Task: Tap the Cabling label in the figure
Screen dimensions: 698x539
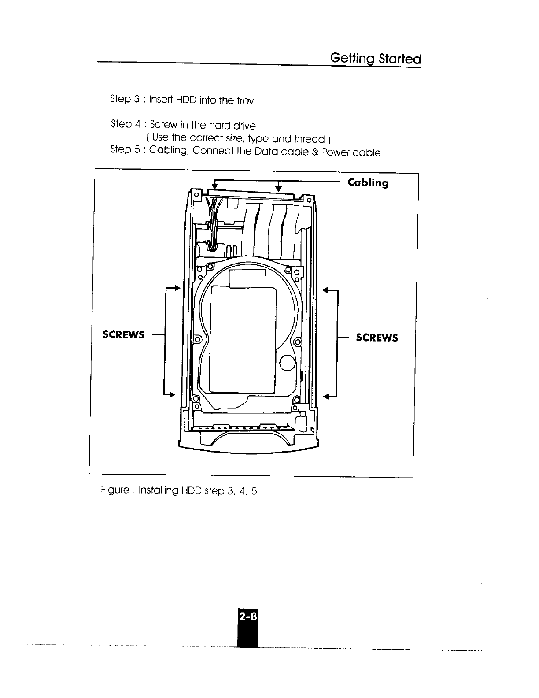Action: pos(368,183)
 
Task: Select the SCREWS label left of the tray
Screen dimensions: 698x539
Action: pos(123,335)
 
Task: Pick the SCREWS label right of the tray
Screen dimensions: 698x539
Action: pos(377,338)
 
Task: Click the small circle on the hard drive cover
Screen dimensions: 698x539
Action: pos(288,364)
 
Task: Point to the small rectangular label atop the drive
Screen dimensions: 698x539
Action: pos(248,278)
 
